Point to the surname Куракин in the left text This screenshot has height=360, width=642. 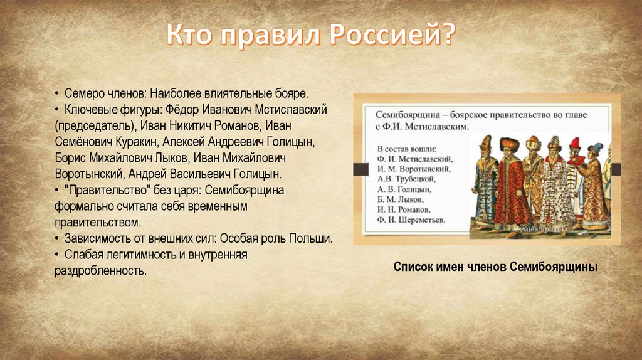136,142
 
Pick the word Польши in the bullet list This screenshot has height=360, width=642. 310,238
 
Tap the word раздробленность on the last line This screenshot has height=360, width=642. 100,271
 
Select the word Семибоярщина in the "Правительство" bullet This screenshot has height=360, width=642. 245,191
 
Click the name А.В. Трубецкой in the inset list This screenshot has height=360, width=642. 406,179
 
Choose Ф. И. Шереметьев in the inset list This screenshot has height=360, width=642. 411,220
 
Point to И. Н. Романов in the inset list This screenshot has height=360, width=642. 404,209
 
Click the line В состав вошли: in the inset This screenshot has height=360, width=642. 406,149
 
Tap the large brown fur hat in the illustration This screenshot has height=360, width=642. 510,144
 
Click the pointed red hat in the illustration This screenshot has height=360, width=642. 575,144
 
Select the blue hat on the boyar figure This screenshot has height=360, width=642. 596,147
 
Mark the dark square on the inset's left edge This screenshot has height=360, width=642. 360,169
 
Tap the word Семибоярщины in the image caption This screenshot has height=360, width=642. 554,267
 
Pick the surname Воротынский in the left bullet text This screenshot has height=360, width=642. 89,174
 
